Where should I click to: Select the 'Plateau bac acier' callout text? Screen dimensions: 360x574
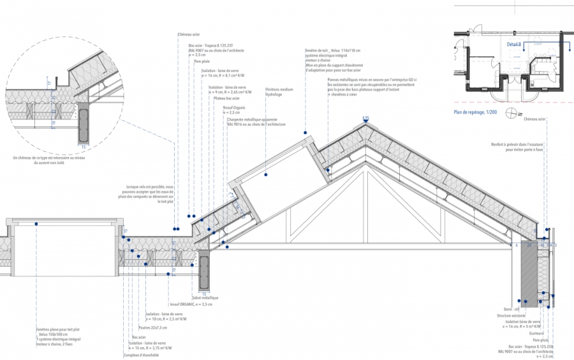(x=227, y=99)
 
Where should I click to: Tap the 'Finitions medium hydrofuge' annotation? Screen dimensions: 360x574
(x=279, y=92)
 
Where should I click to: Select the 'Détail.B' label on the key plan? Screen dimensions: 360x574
(x=515, y=44)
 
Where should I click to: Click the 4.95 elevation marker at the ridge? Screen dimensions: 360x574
(x=365, y=118)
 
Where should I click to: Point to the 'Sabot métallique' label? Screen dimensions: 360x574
(x=206, y=297)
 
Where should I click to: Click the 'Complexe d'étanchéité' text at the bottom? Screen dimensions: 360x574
(x=140, y=355)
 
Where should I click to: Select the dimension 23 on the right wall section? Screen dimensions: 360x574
(x=529, y=245)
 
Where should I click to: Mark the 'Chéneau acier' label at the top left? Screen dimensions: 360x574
(x=189, y=34)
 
